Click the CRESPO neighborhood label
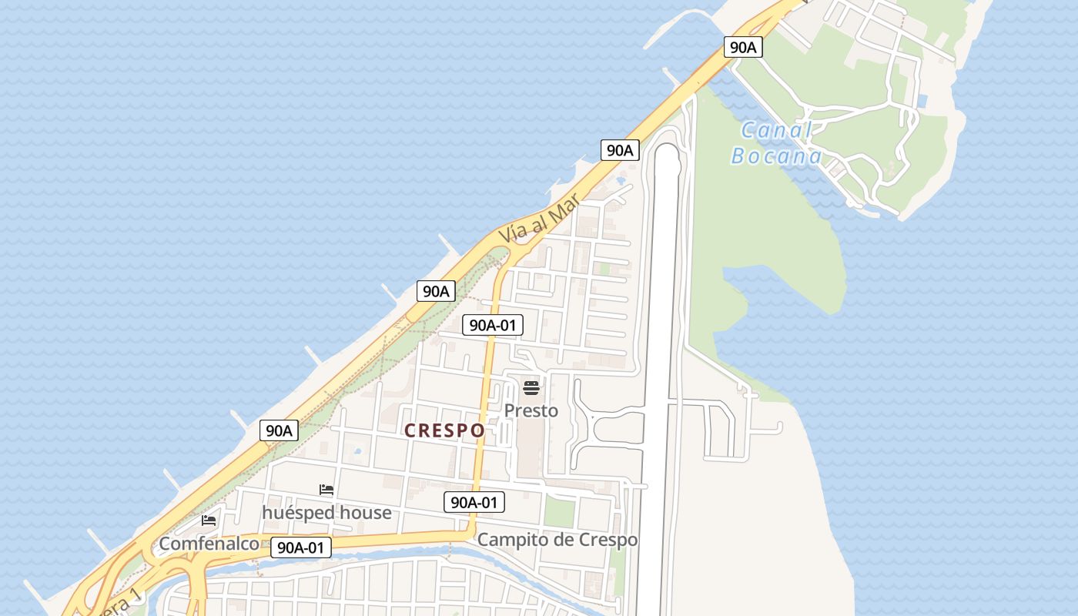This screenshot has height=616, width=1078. point(444,430)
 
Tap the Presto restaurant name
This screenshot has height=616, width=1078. point(531,410)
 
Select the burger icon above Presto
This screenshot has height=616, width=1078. point(531,387)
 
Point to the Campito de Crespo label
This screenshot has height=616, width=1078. point(557,540)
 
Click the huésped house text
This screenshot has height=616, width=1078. point(326,513)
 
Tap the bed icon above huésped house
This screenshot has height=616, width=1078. point(326,490)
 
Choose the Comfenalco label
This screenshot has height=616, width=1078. point(209,544)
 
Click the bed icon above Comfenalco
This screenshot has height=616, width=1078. point(209,521)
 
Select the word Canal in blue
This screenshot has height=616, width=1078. point(776,131)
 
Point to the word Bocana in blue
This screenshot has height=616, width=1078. point(776,156)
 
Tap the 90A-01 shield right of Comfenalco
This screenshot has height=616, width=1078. point(301,547)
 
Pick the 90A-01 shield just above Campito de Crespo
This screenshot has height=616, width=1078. point(474,503)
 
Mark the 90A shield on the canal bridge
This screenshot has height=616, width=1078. point(743,47)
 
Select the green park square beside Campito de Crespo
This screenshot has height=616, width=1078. point(560,511)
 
